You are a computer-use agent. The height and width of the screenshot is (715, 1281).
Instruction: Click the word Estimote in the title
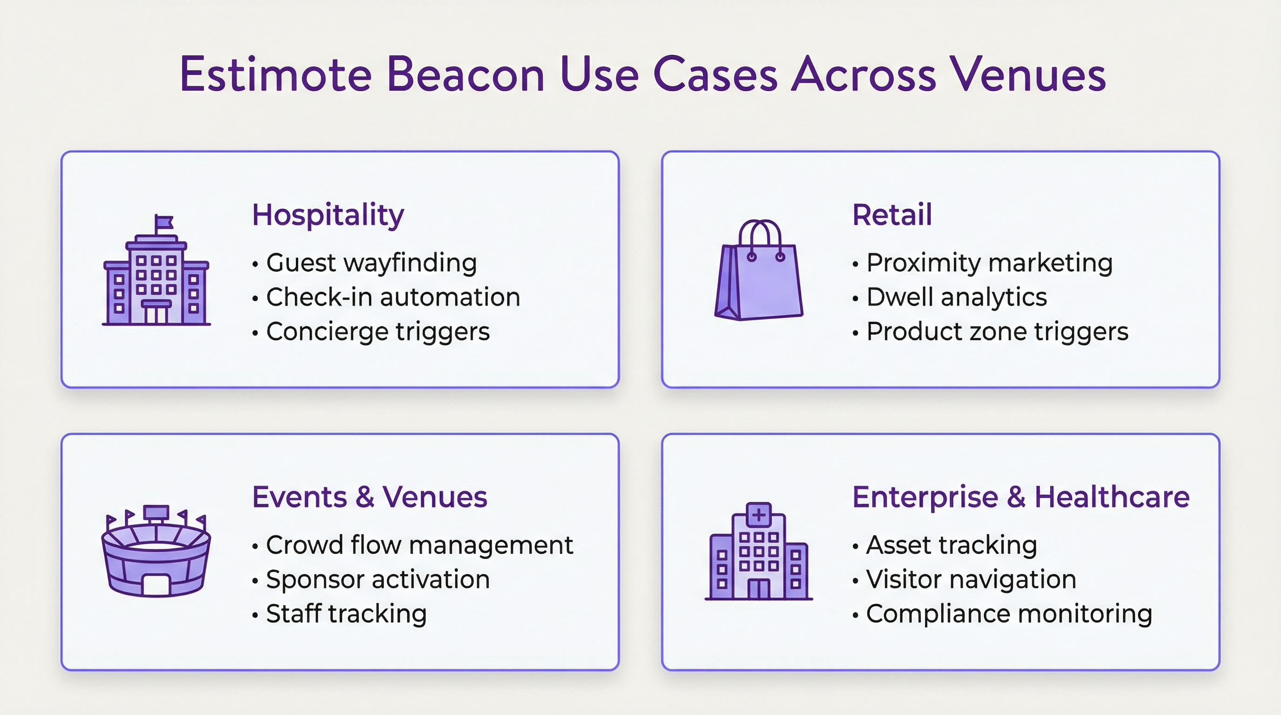coord(276,74)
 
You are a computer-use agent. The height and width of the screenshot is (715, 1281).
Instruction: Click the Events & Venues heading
coord(370,497)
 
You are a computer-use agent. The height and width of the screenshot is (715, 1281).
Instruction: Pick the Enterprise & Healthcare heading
coord(1020,497)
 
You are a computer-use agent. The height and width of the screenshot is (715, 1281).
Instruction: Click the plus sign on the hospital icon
coord(759,515)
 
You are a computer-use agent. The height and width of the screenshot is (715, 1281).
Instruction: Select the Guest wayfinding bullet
coord(371,263)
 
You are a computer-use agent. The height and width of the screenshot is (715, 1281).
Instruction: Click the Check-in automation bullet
coord(393,297)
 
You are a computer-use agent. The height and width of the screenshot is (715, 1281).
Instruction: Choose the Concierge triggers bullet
coord(378,331)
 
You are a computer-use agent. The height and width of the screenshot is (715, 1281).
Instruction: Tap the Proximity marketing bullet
coord(989,263)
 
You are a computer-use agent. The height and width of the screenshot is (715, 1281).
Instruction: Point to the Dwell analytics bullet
coord(956,297)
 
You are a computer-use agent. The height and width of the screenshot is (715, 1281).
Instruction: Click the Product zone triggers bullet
coord(997,331)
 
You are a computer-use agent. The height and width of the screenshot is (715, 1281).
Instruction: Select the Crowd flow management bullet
coord(419,545)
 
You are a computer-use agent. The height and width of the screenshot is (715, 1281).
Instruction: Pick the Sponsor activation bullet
coord(378,579)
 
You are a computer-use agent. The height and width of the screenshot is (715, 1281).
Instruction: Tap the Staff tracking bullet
coord(346,614)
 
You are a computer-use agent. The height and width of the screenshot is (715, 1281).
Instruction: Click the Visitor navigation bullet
coord(971,579)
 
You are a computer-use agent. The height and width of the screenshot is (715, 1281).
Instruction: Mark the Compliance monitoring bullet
coord(1009,614)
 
